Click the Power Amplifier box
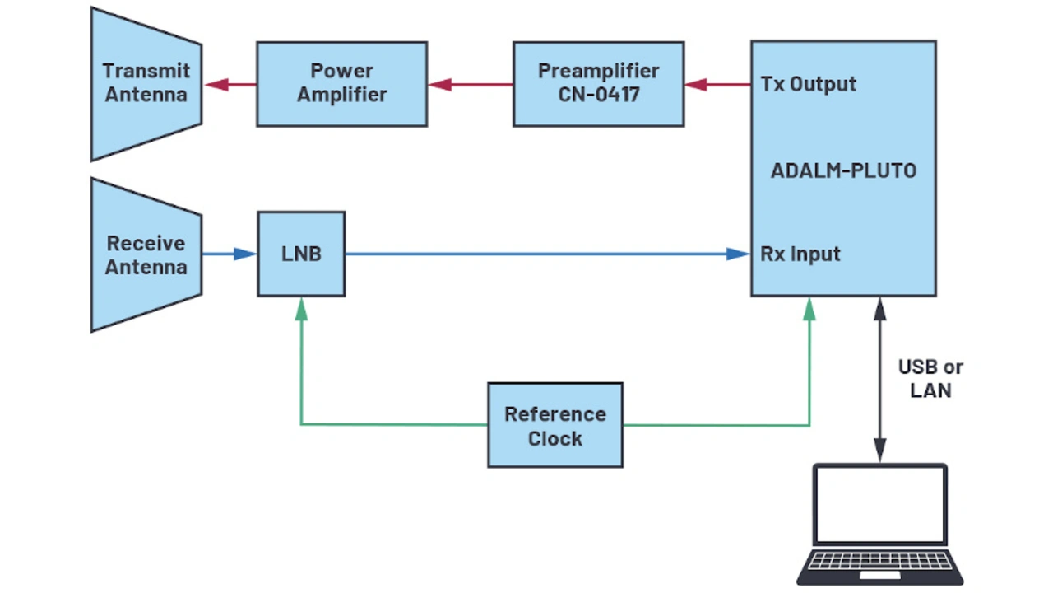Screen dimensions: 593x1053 341,84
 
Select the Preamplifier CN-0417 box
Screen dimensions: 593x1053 598,84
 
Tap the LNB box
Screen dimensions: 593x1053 301,254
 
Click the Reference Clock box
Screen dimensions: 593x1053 555,425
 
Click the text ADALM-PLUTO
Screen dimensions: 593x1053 843,171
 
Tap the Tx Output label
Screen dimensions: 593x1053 808,84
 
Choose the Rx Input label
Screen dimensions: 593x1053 800,254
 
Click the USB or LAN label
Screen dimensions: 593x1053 930,379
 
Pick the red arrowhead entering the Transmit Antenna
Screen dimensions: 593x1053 216,84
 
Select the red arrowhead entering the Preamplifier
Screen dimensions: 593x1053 696,84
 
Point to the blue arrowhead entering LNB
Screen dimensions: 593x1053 245,254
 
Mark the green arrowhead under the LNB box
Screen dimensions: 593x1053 301,308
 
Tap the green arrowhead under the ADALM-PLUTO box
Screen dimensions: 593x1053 809,308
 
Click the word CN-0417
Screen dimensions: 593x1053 598,95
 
